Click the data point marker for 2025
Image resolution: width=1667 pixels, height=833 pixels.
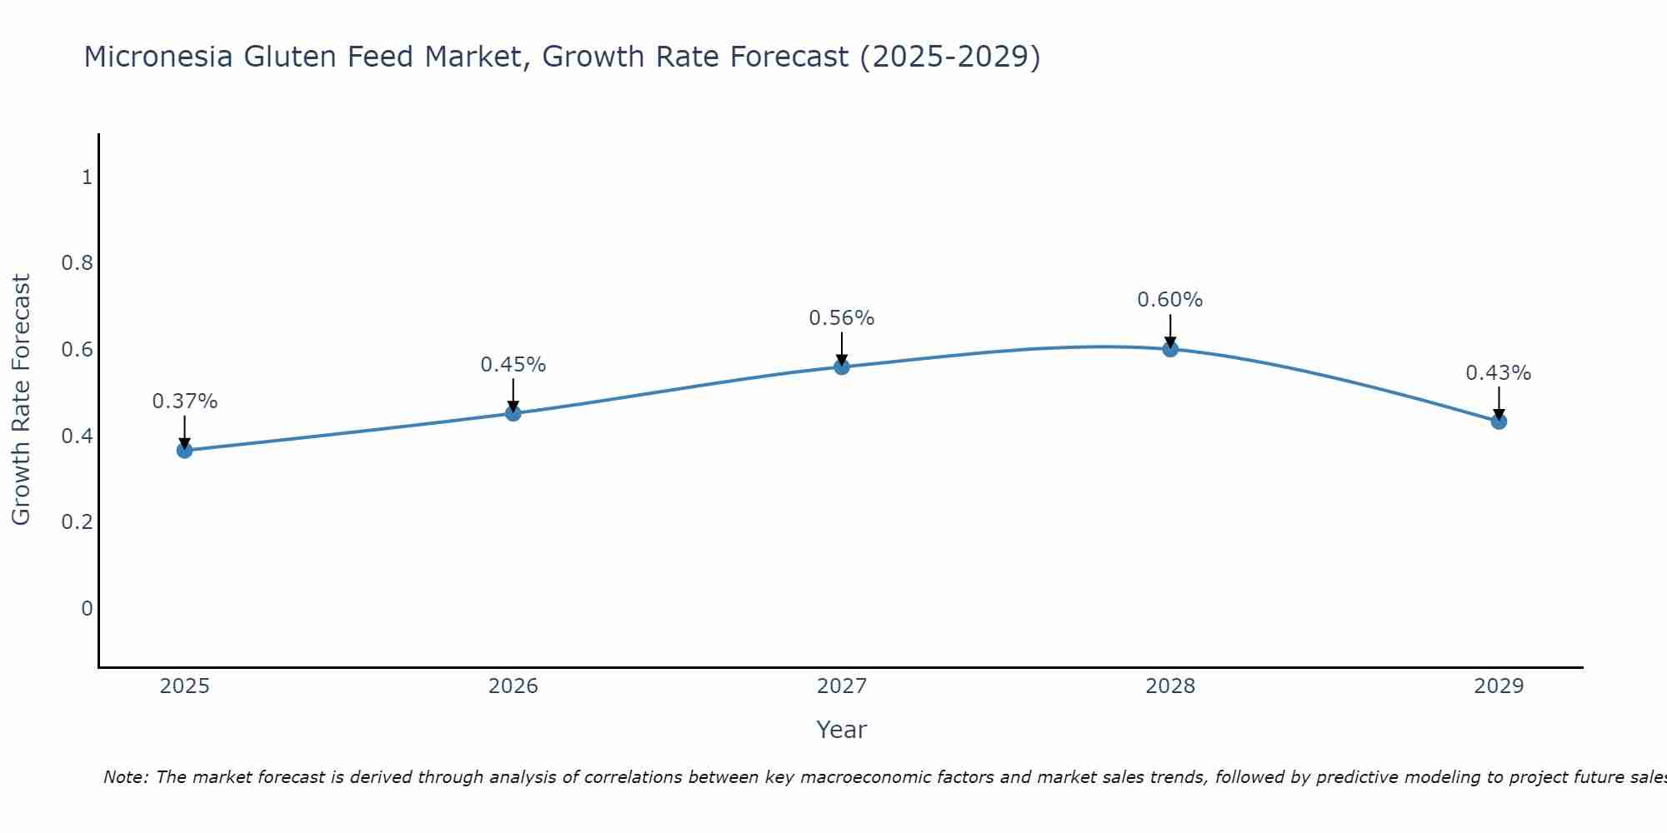[184, 451]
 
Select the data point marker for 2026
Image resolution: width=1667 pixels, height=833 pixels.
[513, 413]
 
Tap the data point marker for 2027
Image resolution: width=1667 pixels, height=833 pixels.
[842, 367]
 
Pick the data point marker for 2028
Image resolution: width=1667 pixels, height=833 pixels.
[1170, 349]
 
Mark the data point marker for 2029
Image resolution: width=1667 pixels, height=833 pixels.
[1499, 421]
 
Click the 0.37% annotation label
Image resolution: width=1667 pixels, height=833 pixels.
[184, 402]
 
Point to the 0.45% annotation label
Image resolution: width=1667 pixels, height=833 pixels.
[513, 365]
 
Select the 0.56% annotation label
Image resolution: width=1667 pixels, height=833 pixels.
[842, 318]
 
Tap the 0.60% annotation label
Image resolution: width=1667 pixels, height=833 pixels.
[1170, 300]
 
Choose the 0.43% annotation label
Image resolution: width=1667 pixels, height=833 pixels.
[1499, 373]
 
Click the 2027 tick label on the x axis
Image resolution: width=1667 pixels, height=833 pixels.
[842, 686]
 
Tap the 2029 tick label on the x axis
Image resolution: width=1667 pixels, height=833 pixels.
[1499, 686]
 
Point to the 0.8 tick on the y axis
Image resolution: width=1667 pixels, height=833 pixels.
[77, 263]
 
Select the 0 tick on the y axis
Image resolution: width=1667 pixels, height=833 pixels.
[87, 609]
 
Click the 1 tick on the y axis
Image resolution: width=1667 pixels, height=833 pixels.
[87, 177]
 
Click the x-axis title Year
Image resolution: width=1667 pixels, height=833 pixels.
[842, 730]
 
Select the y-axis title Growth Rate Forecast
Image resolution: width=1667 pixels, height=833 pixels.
[21, 400]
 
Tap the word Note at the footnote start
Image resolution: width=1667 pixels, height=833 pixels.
[125, 777]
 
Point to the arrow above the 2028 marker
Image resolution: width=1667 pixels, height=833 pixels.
[1170, 330]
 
